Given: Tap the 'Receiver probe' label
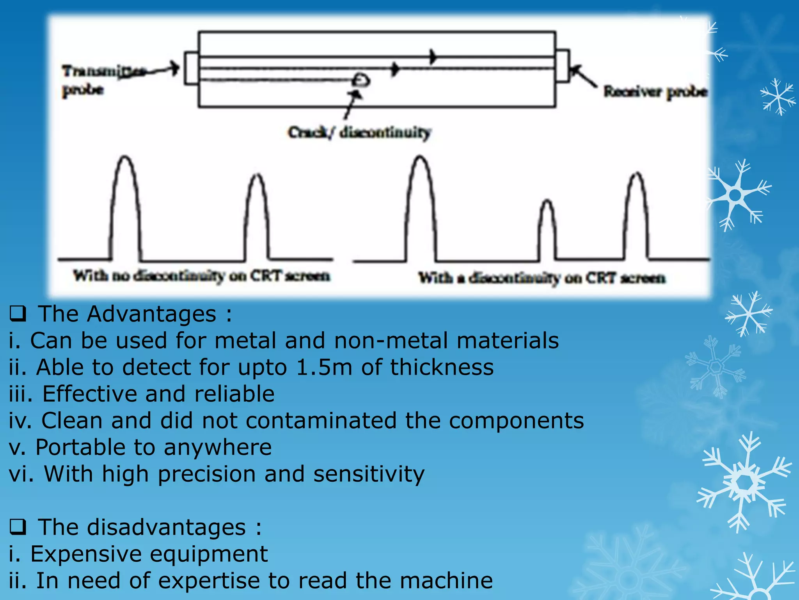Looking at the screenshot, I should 655,92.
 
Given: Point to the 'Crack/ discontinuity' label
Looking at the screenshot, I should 359,132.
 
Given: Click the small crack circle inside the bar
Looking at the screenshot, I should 361,80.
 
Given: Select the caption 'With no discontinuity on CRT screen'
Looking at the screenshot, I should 201,276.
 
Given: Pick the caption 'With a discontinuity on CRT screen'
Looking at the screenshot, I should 542,278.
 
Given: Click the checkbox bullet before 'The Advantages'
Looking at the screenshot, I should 18,314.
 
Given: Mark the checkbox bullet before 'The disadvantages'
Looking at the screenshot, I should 18,527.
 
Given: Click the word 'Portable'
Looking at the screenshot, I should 80,447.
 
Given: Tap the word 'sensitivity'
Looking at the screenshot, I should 369,474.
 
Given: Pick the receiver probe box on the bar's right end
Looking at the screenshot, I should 563,66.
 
